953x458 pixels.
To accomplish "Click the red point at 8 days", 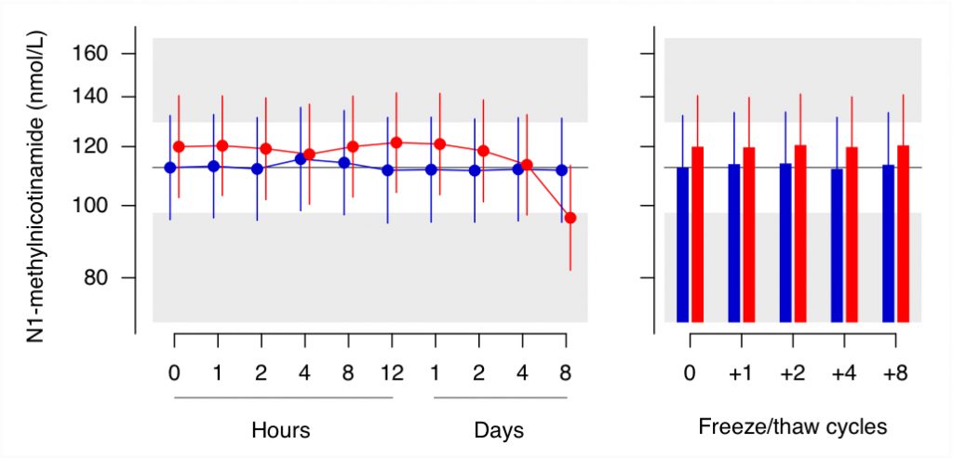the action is pyautogui.click(x=570, y=218).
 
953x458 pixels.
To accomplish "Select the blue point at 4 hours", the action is pyautogui.click(x=301, y=159).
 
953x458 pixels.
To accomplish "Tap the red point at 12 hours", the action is pyautogui.click(x=396, y=143).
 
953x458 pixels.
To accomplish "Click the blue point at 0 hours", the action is pyautogui.click(x=170, y=168).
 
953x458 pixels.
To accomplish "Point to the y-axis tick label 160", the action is pyautogui.click(x=89, y=54).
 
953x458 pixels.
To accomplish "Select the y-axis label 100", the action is pyautogui.click(x=89, y=206).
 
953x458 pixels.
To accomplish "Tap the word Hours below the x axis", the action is pyautogui.click(x=281, y=430).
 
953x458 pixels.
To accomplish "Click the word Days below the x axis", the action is pyautogui.click(x=499, y=430).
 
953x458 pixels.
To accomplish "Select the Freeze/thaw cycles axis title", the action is pyautogui.click(x=793, y=427).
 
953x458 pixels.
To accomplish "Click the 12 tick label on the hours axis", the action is pyautogui.click(x=392, y=372).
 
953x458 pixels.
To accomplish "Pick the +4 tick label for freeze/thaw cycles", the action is pyautogui.click(x=843, y=372).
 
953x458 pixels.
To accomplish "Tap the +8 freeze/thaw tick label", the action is pyautogui.click(x=894, y=372).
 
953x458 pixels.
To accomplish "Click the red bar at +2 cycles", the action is pyautogui.click(x=800, y=234).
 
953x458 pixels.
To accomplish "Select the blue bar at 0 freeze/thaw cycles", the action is pyautogui.click(x=682, y=245).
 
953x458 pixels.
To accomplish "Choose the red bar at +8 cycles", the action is pyautogui.click(x=903, y=234).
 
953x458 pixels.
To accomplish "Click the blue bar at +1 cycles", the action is pyautogui.click(x=734, y=243).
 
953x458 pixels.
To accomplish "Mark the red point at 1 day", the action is pyautogui.click(x=440, y=144).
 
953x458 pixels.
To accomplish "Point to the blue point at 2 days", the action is pyautogui.click(x=475, y=171).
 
